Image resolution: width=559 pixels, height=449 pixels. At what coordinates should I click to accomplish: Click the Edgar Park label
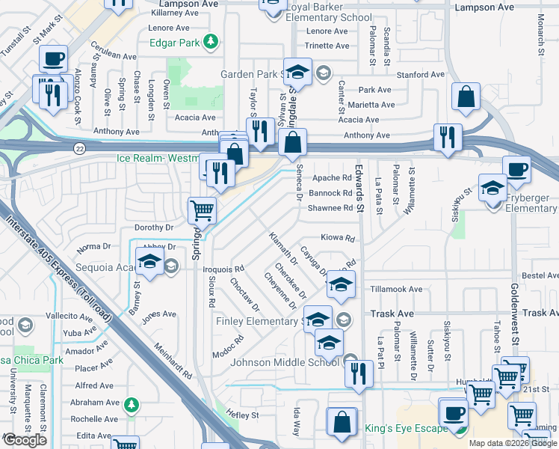[x=174, y=43]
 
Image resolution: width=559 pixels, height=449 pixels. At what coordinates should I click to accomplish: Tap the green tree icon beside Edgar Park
[x=212, y=42]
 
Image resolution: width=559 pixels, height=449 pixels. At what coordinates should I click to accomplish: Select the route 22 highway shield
[x=78, y=149]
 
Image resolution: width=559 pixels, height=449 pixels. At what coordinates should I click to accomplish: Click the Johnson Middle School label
[x=286, y=363]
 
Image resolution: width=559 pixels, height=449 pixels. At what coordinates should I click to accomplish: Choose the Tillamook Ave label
[x=396, y=289]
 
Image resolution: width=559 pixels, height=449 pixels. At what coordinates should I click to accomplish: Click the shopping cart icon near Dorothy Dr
[x=203, y=210]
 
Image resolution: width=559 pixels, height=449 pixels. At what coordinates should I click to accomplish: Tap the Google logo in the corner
[x=25, y=440]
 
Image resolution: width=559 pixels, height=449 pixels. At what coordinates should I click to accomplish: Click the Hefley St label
[x=244, y=415]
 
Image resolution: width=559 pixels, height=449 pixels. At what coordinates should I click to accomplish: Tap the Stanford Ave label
[x=421, y=75]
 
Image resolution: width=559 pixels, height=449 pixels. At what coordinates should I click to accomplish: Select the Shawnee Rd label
[x=330, y=208]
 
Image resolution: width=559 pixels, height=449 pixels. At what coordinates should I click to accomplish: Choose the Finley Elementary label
[x=257, y=322]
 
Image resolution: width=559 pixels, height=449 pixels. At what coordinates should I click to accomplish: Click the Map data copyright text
[x=513, y=443]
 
